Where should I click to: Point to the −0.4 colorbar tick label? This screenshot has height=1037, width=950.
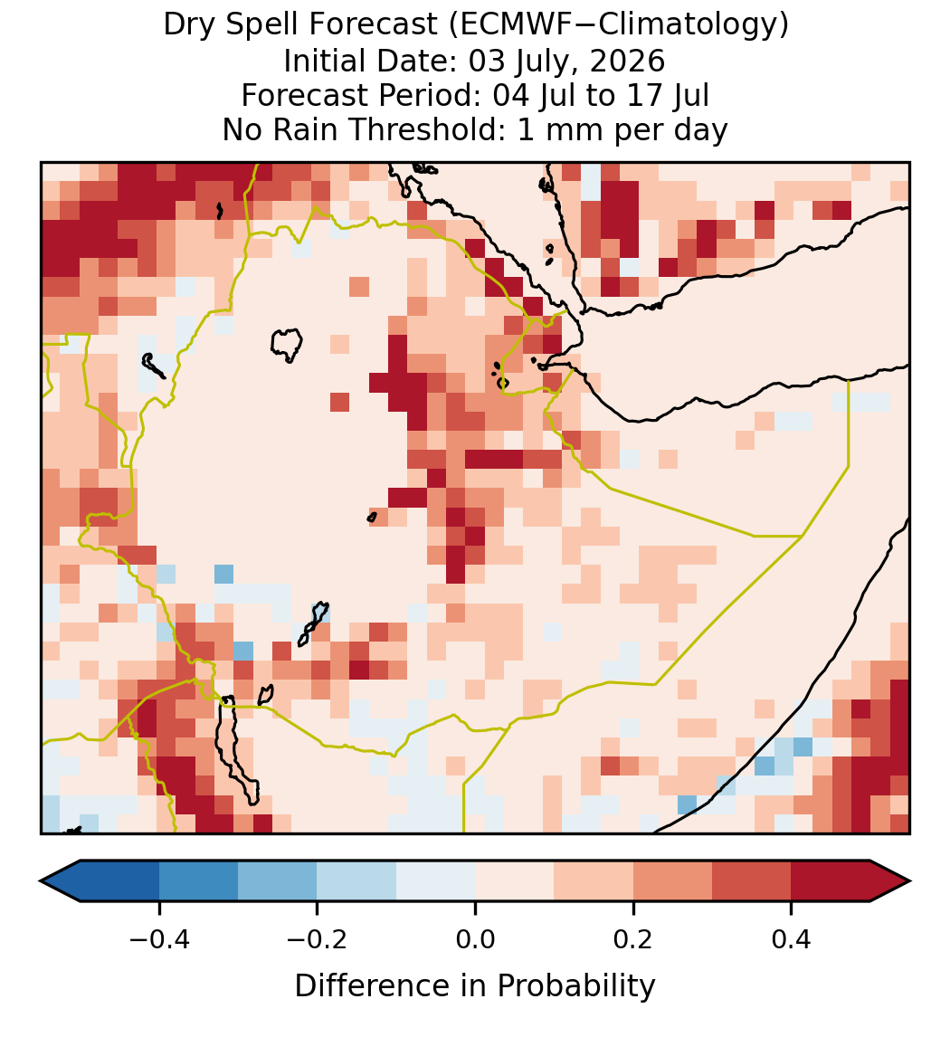coord(159,939)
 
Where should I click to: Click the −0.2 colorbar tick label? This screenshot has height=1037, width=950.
coord(318,939)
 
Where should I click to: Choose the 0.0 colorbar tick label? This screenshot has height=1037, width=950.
coord(475,939)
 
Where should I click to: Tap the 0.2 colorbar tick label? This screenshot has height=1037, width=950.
coord(633,939)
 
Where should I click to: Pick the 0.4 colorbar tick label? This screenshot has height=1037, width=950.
coord(792,939)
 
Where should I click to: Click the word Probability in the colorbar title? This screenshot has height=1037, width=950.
coord(575,986)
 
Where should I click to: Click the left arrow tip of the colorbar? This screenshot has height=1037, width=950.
coord(41,881)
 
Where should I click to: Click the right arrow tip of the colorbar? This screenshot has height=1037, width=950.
coord(909,881)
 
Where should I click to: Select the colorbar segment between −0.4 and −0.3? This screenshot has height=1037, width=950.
coord(198,881)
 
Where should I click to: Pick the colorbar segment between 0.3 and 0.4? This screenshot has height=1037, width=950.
coord(752,881)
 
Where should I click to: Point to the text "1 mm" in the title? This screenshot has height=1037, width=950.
coord(561,129)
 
